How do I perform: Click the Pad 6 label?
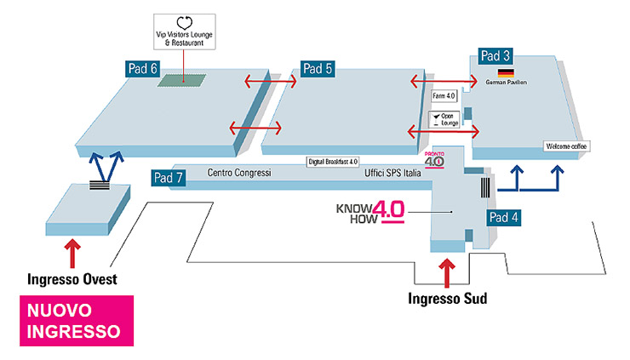pos(142,70)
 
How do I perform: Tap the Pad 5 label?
pos(317,69)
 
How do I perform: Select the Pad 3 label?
pos(495,56)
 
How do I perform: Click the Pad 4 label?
pos(503,216)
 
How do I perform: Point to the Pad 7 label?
pos(168,178)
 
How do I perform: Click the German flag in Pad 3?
pos(506,72)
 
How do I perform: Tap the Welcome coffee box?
pos(566,146)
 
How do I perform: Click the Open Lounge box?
pos(445,119)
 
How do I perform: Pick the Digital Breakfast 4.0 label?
pos(332,161)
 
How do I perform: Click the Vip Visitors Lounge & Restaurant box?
pos(184,31)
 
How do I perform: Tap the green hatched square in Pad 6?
pos(182,80)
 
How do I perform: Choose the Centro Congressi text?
pos(239,173)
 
